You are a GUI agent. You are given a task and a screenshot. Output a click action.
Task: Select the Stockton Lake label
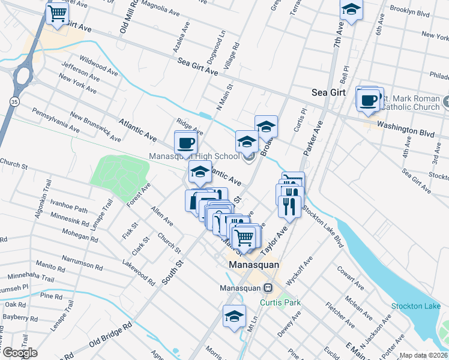tap(415, 307)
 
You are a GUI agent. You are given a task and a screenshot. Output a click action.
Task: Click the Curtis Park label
tap(280, 302)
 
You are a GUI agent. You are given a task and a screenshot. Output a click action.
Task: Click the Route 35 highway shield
tap(14, 102)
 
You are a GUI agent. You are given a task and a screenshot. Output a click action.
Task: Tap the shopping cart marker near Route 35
tap(57, 13)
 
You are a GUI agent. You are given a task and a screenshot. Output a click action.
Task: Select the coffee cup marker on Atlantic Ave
tap(185, 143)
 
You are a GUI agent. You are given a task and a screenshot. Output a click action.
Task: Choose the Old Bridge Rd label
tap(110, 335)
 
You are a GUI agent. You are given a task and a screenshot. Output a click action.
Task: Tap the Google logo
tap(19, 353)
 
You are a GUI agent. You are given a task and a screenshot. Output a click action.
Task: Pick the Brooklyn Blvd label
tap(409, 11)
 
